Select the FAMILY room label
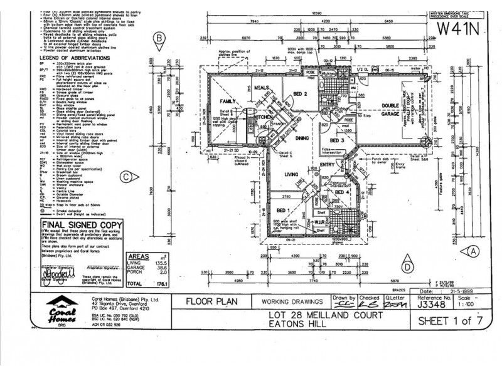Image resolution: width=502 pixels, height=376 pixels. tap(227, 100)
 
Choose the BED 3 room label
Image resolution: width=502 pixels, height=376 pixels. tap(338, 141)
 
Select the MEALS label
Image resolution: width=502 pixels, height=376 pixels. tap(262, 88)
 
